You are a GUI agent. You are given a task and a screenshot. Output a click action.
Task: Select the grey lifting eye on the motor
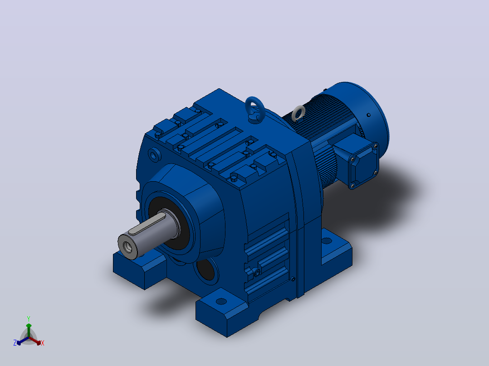(x=298, y=113)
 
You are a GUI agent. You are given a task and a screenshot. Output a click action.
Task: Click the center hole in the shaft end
(x=128, y=247)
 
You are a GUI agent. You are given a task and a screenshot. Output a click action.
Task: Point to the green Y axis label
(x=29, y=319)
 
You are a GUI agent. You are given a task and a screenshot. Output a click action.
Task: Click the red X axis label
(x=43, y=343)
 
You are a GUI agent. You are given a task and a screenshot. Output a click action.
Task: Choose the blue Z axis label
(x=15, y=343)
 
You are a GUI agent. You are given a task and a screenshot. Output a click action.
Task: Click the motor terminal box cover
(x=364, y=165)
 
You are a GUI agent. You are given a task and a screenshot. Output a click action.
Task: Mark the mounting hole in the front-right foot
(x=221, y=301)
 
